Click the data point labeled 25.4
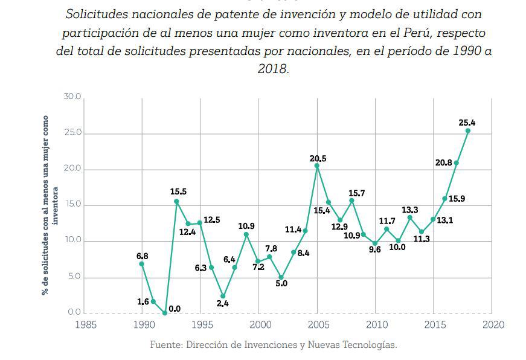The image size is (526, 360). click(x=468, y=130)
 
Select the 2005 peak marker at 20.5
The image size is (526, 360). click(x=317, y=166)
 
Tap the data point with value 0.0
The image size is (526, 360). click(x=165, y=313)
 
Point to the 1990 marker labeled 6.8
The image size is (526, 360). click(x=142, y=264)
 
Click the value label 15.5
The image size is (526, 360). click(x=178, y=192)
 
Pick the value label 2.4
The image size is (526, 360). click(x=222, y=303)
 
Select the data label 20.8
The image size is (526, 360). click(x=443, y=162)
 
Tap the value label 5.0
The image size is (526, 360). click(x=281, y=283)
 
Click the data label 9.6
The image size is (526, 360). click(x=375, y=249)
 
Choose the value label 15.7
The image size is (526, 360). click(x=357, y=193)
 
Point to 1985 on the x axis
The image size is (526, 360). click(x=84, y=324)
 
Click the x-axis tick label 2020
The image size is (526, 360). click(x=493, y=324)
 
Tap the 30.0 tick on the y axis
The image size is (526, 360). click(x=72, y=97)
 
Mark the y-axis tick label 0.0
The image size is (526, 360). click(x=74, y=312)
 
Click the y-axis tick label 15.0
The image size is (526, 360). click(x=72, y=205)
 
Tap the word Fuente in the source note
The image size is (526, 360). click(x=166, y=345)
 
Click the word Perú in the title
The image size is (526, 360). click(x=431, y=32)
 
